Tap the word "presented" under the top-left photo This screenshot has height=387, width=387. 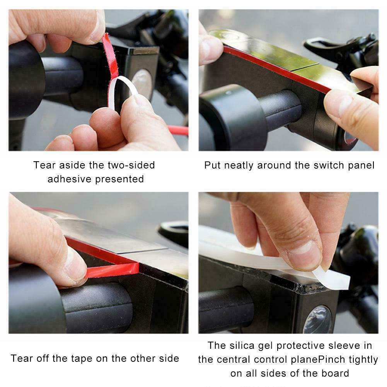pyautogui.click(x=119, y=179)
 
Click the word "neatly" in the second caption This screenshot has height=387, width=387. pyautogui.click(x=239, y=165)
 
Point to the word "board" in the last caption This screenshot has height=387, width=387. pyautogui.click(x=335, y=373)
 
